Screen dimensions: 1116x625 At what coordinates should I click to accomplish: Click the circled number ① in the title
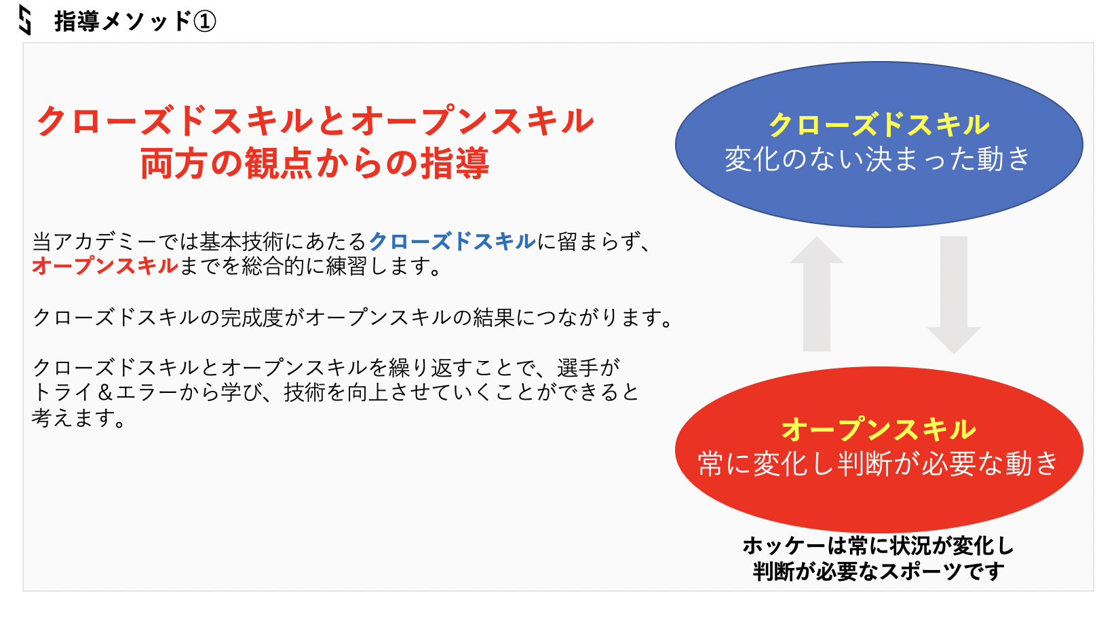[x=204, y=22]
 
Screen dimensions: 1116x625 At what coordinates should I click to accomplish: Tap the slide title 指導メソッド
[x=123, y=22]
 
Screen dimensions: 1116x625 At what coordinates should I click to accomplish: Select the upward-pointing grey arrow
[x=817, y=294]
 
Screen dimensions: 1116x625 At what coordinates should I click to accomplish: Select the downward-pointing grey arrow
[x=954, y=295]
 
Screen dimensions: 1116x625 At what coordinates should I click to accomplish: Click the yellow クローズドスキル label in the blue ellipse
[x=879, y=125]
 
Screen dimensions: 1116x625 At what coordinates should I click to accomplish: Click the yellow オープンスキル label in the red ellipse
[x=879, y=429]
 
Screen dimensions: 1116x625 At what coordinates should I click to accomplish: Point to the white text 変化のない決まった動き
[x=878, y=159]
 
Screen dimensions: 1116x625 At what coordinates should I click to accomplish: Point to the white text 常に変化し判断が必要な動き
[x=878, y=463]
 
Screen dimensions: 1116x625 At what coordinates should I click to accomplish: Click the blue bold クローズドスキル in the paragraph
[x=452, y=242]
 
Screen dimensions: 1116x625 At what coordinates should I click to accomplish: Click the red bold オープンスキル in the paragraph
[x=104, y=265]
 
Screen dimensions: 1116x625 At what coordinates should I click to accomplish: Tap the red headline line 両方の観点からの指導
[x=315, y=163]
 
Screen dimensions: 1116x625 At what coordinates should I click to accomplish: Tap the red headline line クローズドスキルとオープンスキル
[x=315, y=121]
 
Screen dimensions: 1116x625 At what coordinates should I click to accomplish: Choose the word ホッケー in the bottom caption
[x=785, y=546]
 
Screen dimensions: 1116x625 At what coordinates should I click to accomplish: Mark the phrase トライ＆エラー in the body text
[x=105, y=393]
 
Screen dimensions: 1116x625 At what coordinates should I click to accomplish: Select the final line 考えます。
[x=79, y=417]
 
